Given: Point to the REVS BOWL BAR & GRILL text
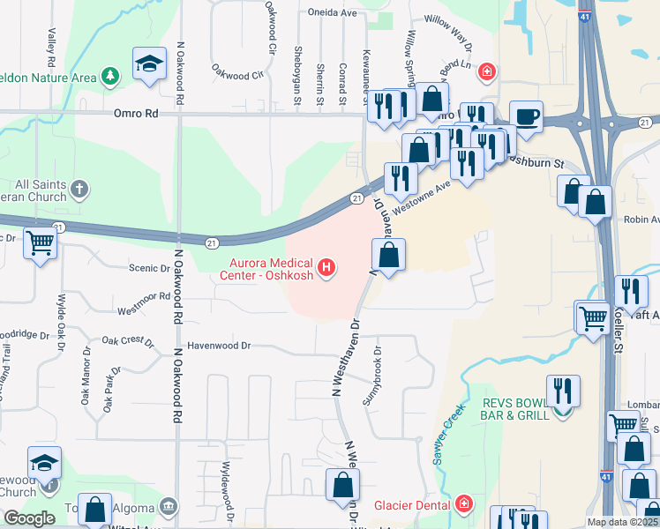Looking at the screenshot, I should pyautogui.click(x=514, y=408).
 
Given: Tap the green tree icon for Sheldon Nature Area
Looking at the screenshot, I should pyautogui.click(x=110, y=78).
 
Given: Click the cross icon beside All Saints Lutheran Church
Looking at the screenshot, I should pyautogui.click(x=79, y=189).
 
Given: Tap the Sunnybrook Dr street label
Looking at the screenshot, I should pyautogui.click(x=376, y=375).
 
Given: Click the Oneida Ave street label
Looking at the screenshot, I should pyautogui.click(x=332, y=13).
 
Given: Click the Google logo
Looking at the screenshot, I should pyautogui.click(x=29, y=518).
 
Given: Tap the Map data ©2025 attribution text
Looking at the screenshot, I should pyautogui.click(x=622, y=522).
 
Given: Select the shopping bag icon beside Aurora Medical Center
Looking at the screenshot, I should pyautogui.click(x=388, y=257).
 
